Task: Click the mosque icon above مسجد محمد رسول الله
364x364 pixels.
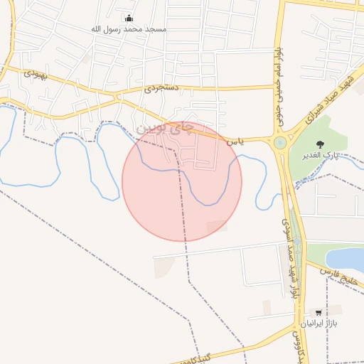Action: (128, 18)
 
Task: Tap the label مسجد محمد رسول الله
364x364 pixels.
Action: (129, 29)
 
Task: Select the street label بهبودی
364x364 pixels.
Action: (35, 73)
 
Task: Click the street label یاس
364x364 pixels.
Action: (235, 142)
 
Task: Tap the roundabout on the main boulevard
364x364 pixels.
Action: (280, 142)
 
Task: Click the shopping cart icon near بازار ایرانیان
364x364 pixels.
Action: (318, 312)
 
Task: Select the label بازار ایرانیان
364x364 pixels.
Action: (316, 323)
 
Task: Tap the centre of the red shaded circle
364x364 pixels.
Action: (182, 181)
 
